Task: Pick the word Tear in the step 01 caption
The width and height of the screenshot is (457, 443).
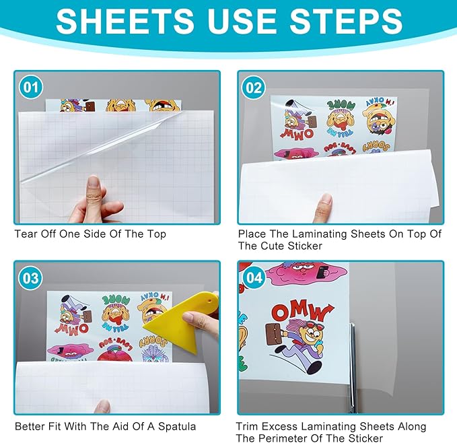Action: pos(26,234)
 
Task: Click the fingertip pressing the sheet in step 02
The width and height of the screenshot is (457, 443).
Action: pos(326,202)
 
